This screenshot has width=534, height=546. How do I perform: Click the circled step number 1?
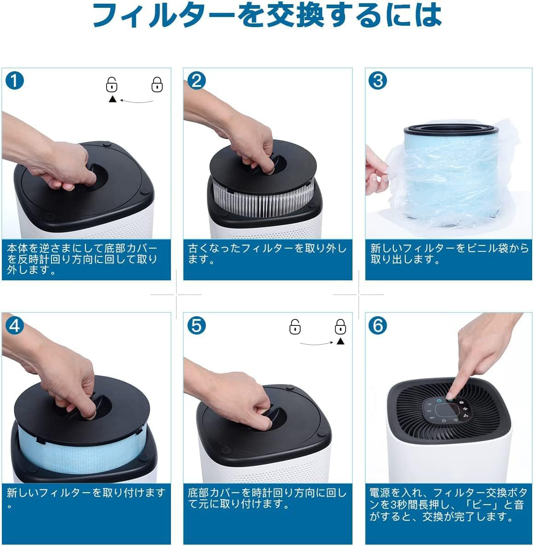click(x=15, y=81)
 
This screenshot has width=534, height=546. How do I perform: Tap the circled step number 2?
click(x=196, y=81)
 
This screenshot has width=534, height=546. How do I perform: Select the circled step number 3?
click(x=378, y=81)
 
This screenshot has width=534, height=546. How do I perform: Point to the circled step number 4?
click(x=15, y=326)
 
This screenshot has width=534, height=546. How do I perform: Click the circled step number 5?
click(x=196, y=326)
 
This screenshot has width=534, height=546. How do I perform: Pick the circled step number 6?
click(x=378, y=326)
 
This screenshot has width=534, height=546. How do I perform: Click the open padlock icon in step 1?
click(x=111, y=84)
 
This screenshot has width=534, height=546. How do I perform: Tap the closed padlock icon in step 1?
click(x=157, y=84)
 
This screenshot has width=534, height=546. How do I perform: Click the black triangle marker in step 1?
click(x=113, y=99)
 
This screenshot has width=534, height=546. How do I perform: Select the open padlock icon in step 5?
click(x=295, y=327)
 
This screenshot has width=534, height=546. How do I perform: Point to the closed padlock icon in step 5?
click(x=340, y=327)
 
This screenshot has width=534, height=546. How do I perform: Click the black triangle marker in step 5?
click(x=341, y=341)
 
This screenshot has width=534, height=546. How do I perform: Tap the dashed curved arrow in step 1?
click(x=136, y=102)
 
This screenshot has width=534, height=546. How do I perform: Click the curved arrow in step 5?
click(x=317, y=344)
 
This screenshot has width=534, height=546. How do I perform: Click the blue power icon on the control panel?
click(x=439, y=401)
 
